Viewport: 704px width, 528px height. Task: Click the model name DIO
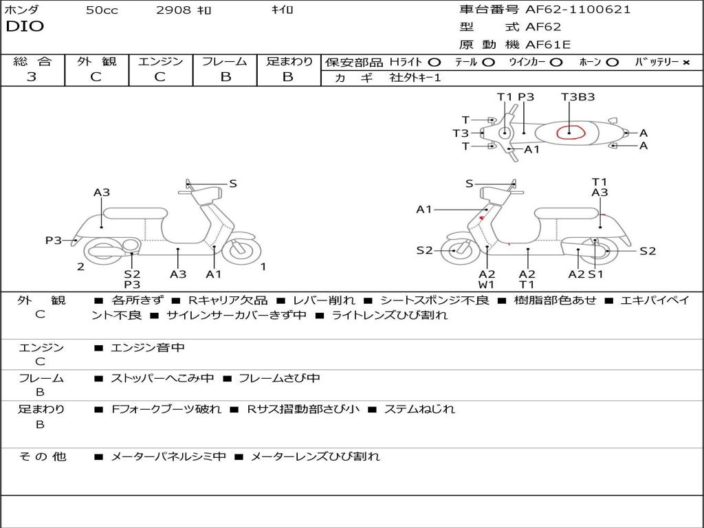click(25, 27)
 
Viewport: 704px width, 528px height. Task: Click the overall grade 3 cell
click(32, 77)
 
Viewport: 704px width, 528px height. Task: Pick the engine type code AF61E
click(548, 45)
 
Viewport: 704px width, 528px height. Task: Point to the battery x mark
click(685, 63)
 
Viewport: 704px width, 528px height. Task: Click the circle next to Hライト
click(434, 63)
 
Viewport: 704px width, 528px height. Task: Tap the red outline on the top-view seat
click(570, 132)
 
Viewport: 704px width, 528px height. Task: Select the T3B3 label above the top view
click(577, 97)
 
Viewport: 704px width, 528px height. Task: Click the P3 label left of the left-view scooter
click(54, 240)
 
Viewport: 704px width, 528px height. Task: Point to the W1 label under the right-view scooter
click(487, 284)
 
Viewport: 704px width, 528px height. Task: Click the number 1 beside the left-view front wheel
click(263, 266)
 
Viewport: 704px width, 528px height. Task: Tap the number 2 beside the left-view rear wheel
click(80, 266)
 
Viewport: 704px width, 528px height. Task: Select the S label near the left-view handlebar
click(233, 184)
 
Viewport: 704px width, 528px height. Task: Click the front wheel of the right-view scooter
click(455, 251)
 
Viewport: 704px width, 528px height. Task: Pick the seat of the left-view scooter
click(135, 213)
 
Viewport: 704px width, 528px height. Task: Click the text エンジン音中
click(148, 348)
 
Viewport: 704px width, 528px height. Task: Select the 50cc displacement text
click(102, 10)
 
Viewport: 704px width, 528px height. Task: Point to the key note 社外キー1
click(415, 78)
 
